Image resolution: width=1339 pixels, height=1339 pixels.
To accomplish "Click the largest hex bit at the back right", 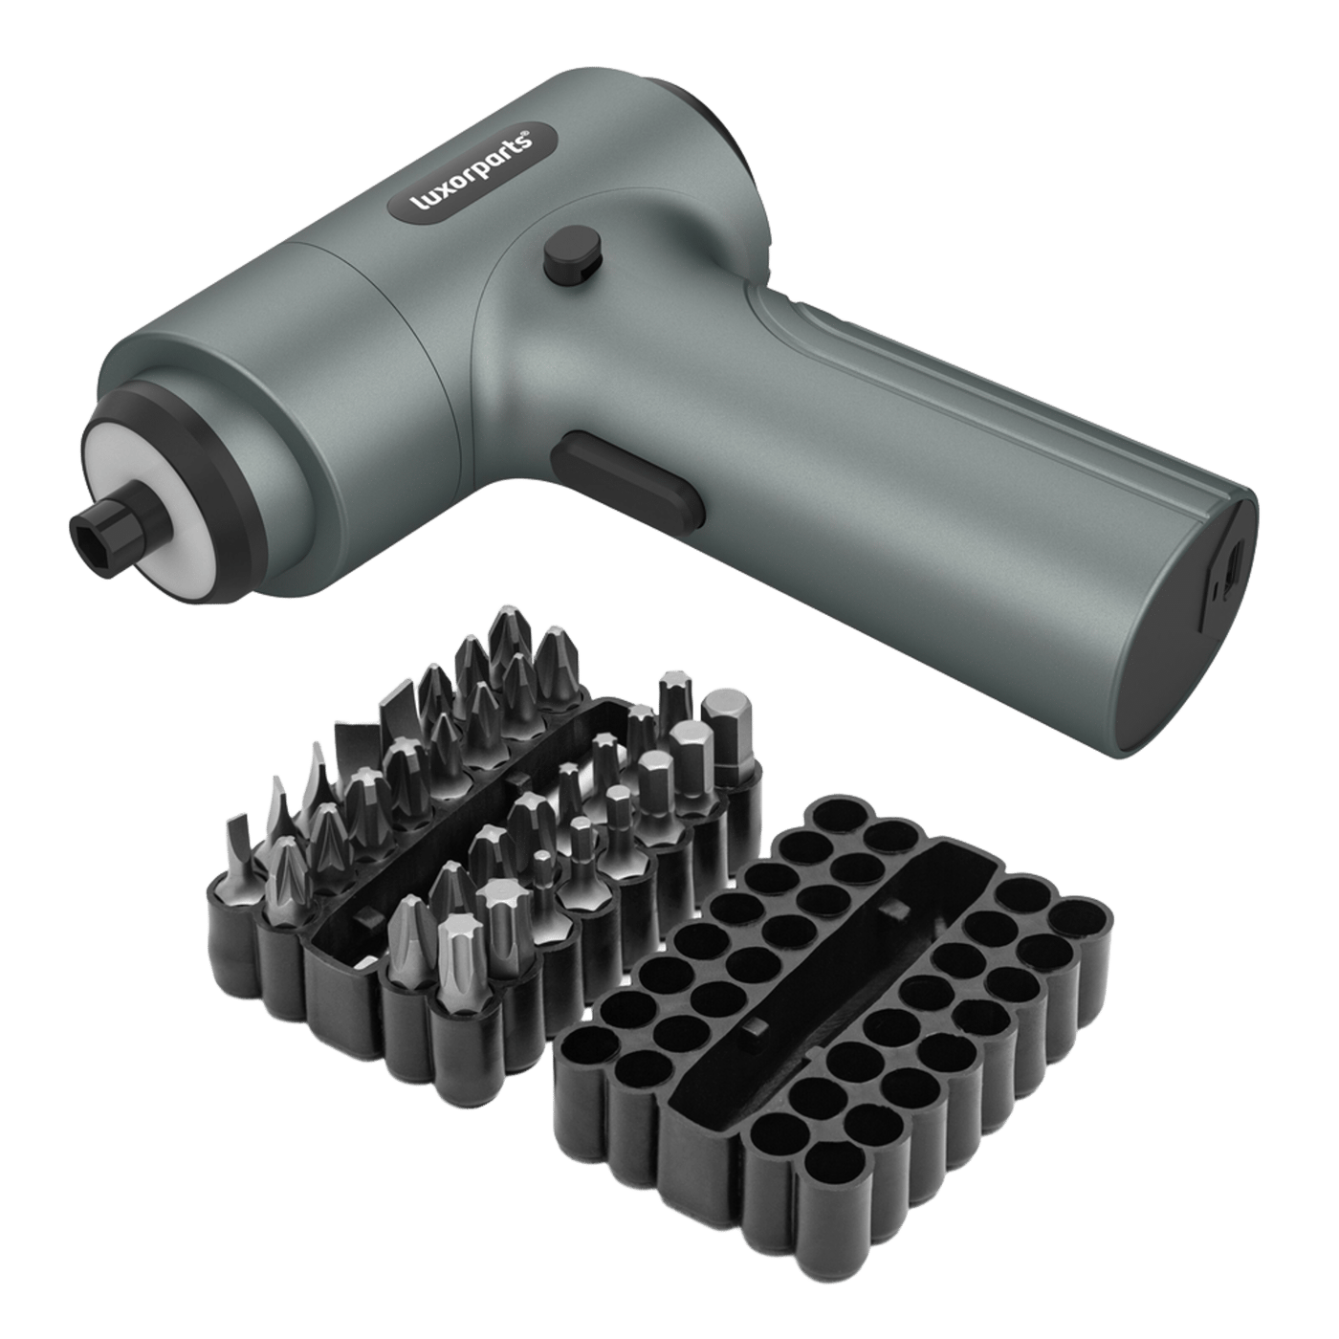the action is click(x=726, y=736).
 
